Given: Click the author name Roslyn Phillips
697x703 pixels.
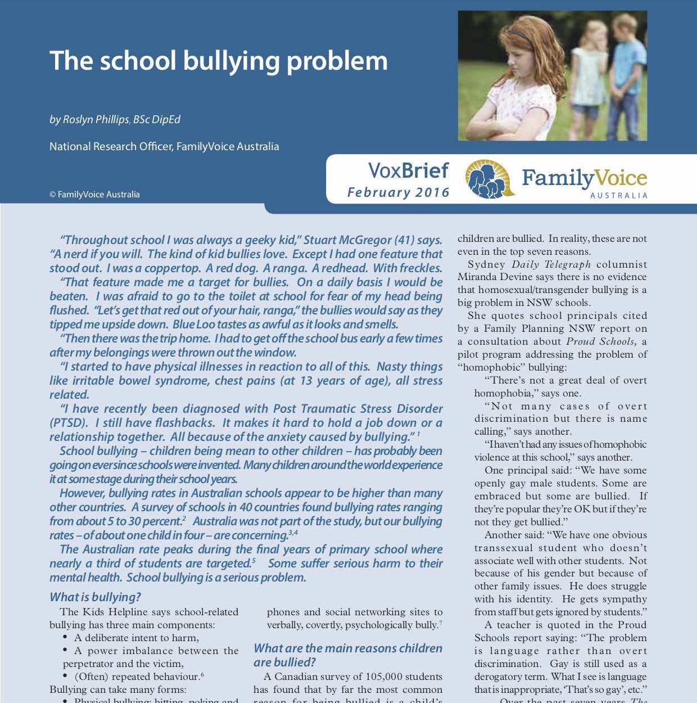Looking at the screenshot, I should (96, 120).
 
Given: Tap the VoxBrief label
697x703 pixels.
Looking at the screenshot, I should (408, 170).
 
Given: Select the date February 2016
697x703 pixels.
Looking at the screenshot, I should (398, 192).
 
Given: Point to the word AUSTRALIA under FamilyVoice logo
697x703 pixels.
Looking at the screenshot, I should (618, 196).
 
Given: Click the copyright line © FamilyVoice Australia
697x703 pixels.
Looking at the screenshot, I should (94, 195).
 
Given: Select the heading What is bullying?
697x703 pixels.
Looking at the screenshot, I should (95, 597).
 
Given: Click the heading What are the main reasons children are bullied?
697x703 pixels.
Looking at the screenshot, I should (347, 655).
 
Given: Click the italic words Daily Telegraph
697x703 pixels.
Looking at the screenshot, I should (551, 264).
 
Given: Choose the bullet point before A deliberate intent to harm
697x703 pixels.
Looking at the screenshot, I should (66, 638).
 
